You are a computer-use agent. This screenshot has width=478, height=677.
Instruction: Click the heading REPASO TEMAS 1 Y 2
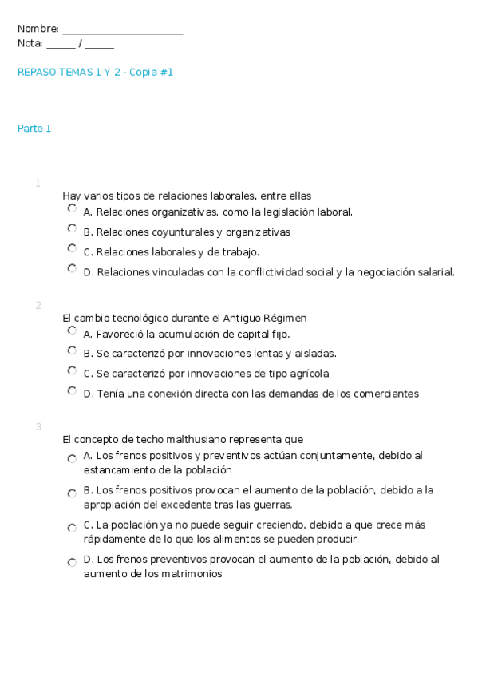coord(95,72)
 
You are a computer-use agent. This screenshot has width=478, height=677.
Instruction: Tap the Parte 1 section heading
coord(34,128)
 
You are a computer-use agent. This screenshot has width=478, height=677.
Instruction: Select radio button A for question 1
coord(72,208)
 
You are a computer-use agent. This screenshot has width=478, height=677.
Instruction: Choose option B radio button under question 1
coord(72,228)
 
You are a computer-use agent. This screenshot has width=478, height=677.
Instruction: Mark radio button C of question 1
coord(72,248)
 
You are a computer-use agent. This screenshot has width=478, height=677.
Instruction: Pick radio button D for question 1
coord(72,268)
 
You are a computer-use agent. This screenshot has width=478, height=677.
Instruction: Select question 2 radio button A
coord(72,330)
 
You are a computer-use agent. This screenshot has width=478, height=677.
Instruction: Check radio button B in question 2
coord(72,350)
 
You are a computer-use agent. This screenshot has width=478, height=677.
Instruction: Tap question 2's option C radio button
coord(72,370)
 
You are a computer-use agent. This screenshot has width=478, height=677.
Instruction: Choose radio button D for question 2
coord(72,390)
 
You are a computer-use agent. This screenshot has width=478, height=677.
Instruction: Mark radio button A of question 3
coord(72,459)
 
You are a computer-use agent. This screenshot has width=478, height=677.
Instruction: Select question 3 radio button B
coord(72,493)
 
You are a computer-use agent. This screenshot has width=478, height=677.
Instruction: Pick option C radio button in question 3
coord(72,528)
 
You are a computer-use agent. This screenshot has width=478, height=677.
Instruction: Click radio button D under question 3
coord(72,562)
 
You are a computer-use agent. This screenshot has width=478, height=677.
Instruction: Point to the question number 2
coord(38,305)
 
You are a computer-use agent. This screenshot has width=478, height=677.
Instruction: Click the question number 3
coord(38,426)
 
